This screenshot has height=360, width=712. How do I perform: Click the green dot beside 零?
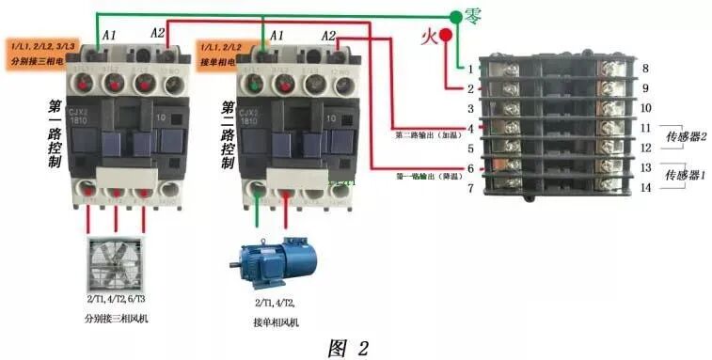[x=456, y=16]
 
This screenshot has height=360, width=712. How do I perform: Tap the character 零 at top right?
[x=476, y=15]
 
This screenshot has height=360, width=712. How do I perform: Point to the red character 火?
[x=427, y=37]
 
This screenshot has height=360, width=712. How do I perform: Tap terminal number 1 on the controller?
[x=470, y=69]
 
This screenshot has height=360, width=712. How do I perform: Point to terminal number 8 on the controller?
[x=645, y=69]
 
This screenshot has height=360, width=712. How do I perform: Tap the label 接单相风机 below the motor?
[x=277, y=322]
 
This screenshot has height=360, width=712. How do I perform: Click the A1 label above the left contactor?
[x=108, y=35]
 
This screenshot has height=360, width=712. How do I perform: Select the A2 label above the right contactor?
[x=328, y=35]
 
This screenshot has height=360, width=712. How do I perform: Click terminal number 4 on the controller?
[x=470, y=127]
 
